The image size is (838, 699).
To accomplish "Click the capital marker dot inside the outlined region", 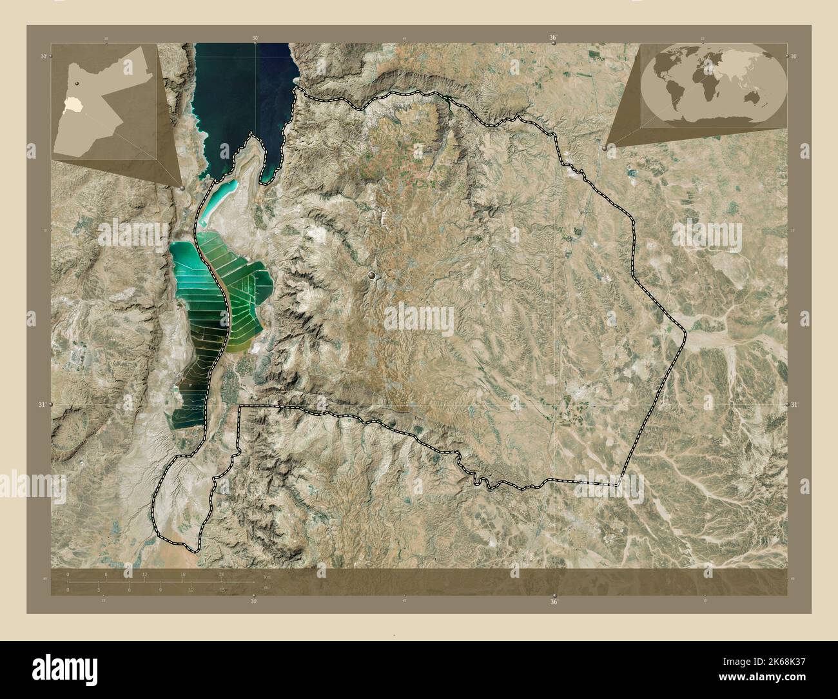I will (x=372, y=276).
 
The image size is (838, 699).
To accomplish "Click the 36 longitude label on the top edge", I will (x=552, y=38).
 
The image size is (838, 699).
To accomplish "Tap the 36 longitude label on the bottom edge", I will (x=553, y=602).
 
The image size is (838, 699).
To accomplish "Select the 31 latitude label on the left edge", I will (x=43, y=404).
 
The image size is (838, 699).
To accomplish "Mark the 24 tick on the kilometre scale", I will (x=221, y=574).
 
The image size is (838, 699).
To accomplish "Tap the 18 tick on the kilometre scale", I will (x=183, y=574).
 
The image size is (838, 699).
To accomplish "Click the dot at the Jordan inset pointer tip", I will (x=183, y=187).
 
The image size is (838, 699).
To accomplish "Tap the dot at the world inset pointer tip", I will (x=603, y=147).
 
